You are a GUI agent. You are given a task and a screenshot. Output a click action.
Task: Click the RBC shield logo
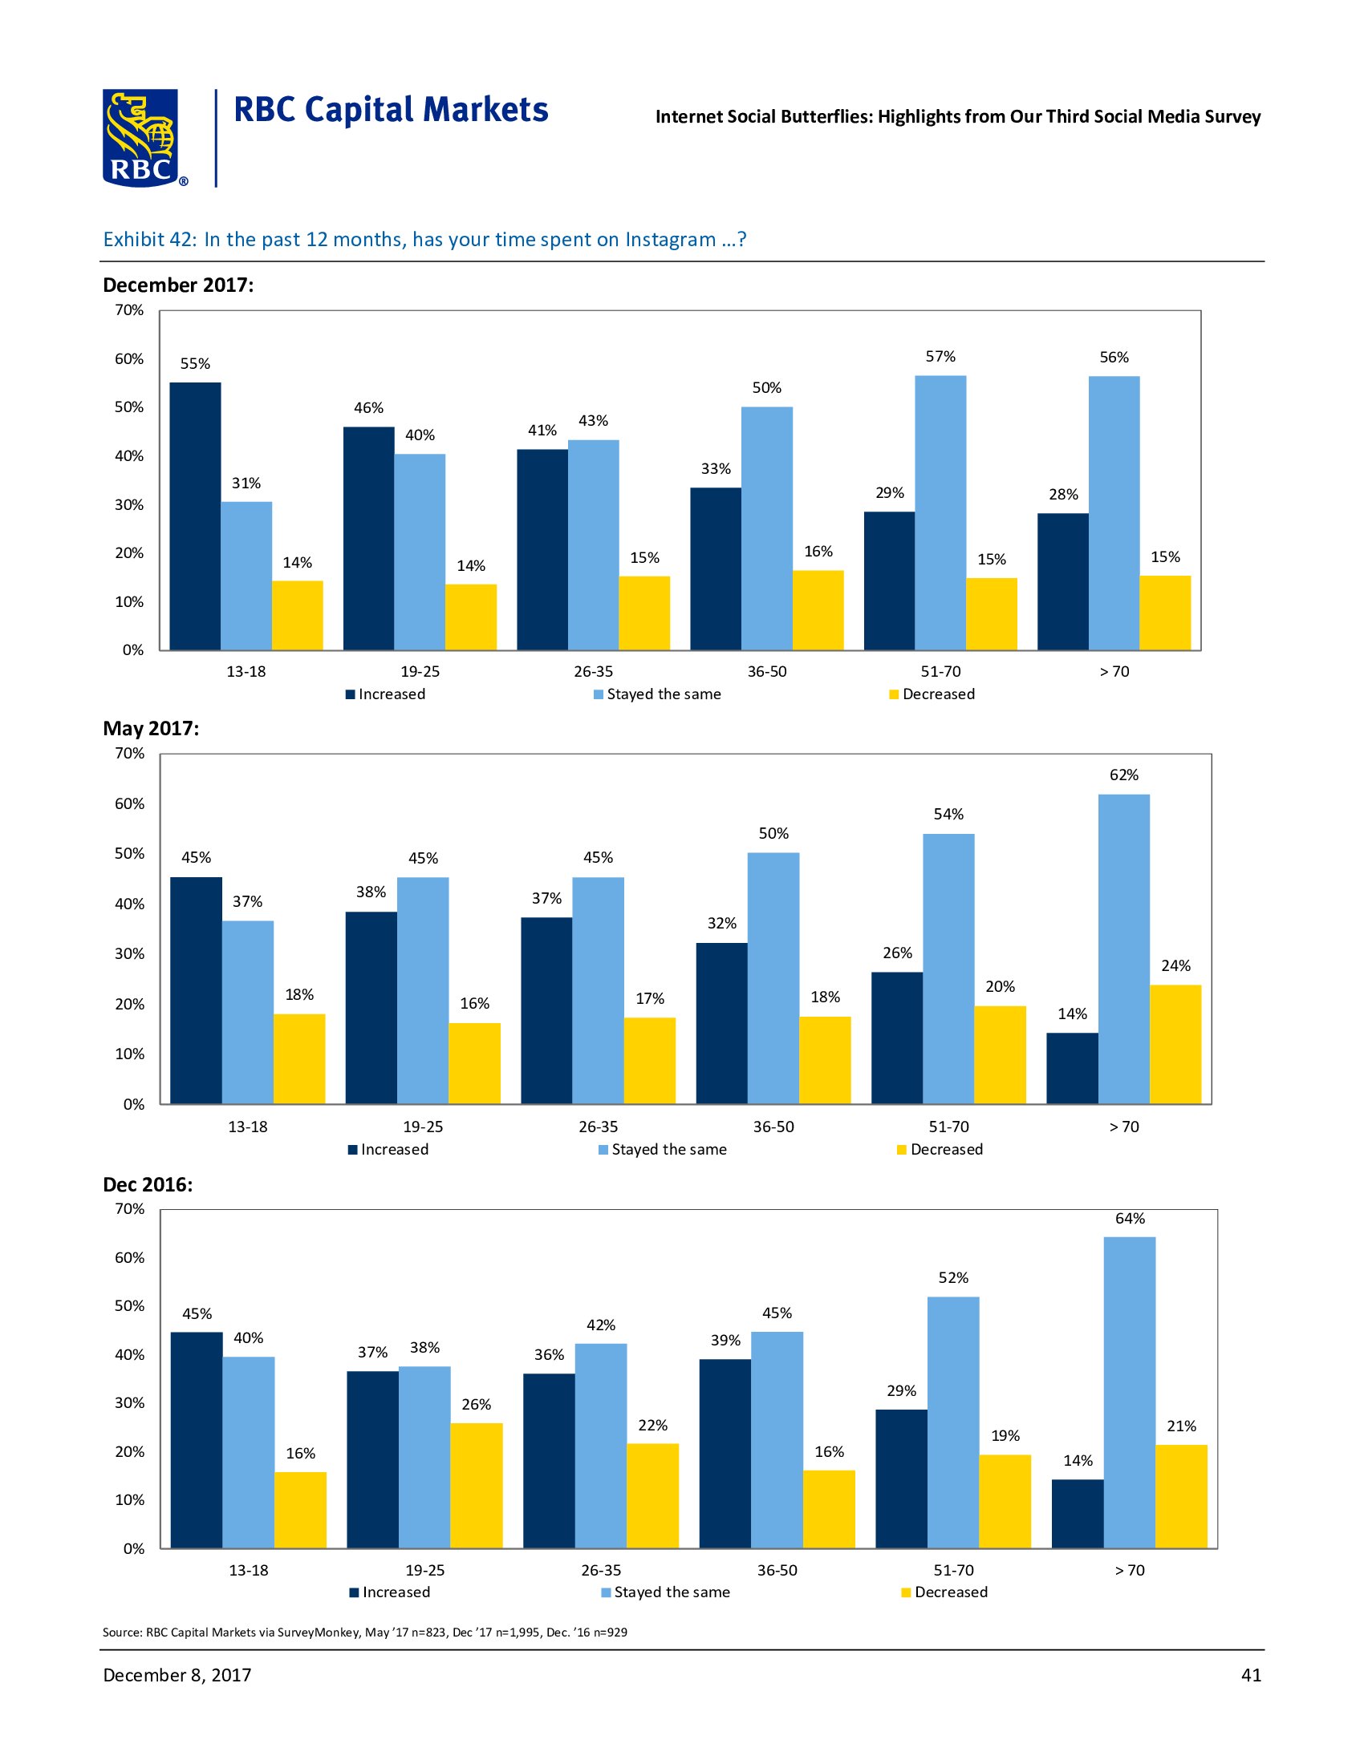(140, 138)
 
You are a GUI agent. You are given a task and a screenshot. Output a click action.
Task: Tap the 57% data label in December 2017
(940, 356)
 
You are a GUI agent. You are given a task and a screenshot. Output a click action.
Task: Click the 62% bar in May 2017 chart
(1123, 949)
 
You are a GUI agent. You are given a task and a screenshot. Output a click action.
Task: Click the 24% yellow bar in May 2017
(1175, 1043)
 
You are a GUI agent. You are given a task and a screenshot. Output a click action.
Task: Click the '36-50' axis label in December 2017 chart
(767, 671)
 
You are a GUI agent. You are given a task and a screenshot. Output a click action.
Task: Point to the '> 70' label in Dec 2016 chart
(1130, 1570)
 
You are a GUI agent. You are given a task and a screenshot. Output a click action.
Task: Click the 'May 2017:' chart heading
(151, 729)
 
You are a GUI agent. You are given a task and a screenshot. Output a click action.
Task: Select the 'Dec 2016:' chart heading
(148, 1185)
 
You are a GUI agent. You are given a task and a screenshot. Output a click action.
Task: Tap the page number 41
(1251, 1675)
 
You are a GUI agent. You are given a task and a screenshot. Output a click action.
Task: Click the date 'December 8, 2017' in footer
(177, 1675)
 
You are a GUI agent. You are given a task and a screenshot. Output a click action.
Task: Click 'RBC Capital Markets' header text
(391, 110)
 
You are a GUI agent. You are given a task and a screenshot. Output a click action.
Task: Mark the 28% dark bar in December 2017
(1062, 581)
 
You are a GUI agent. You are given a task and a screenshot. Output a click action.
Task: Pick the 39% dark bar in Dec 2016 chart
(725, 1453)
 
